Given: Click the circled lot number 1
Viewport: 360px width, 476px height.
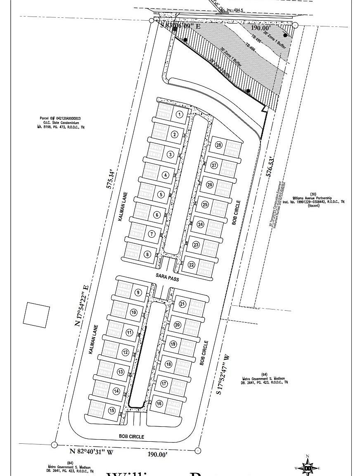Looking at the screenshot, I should click(179, 114).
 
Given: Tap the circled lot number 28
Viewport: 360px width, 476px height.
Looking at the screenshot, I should click(219, 145).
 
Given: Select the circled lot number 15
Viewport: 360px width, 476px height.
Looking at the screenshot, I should click(111, 411).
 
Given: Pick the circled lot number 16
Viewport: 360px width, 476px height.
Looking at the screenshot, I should click(159, 404).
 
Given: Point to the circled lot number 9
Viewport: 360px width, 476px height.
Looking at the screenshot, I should click(138, 293).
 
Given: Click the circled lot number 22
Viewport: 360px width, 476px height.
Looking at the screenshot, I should click(191, 264).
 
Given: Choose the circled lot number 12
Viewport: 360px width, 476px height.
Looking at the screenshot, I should click(125, 352).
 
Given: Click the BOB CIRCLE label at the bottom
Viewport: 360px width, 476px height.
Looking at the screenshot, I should click(131, 436).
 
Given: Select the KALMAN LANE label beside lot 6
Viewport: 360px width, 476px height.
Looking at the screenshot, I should click(123, 209).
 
